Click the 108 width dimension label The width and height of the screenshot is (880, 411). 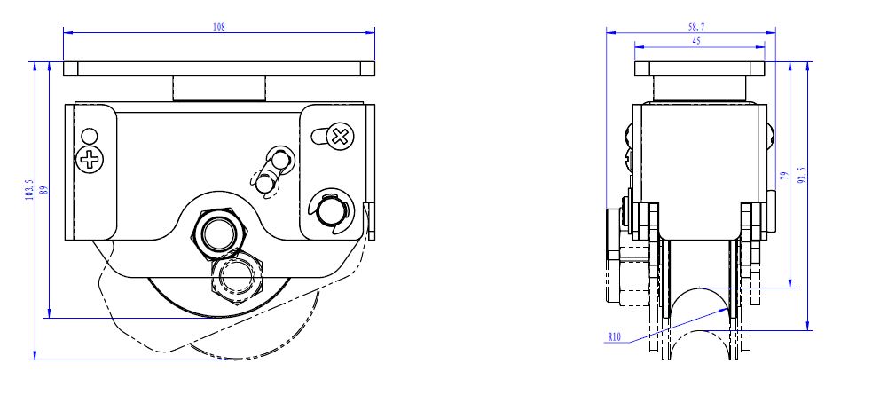tap(219, 27)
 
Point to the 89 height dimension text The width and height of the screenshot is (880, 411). tap(43, 188)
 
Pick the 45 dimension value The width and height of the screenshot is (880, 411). tap(696, 41)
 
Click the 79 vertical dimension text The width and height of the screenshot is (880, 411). tap(783, 176)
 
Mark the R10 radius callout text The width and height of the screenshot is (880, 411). tap(615, 336)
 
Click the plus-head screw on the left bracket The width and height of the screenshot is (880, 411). tap(89, 160)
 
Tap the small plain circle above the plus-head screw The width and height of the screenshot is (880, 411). tap(89, 137)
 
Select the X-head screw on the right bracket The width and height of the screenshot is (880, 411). tap(340, 137)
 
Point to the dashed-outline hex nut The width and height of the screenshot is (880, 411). tap(235, 277)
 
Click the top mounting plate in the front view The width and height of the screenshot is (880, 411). tap(219, 68)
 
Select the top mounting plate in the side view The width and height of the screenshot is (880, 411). tap(699, 68)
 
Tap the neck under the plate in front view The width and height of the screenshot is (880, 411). tap(219, 89)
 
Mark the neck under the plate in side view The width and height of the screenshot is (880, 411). tap(699, 89)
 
